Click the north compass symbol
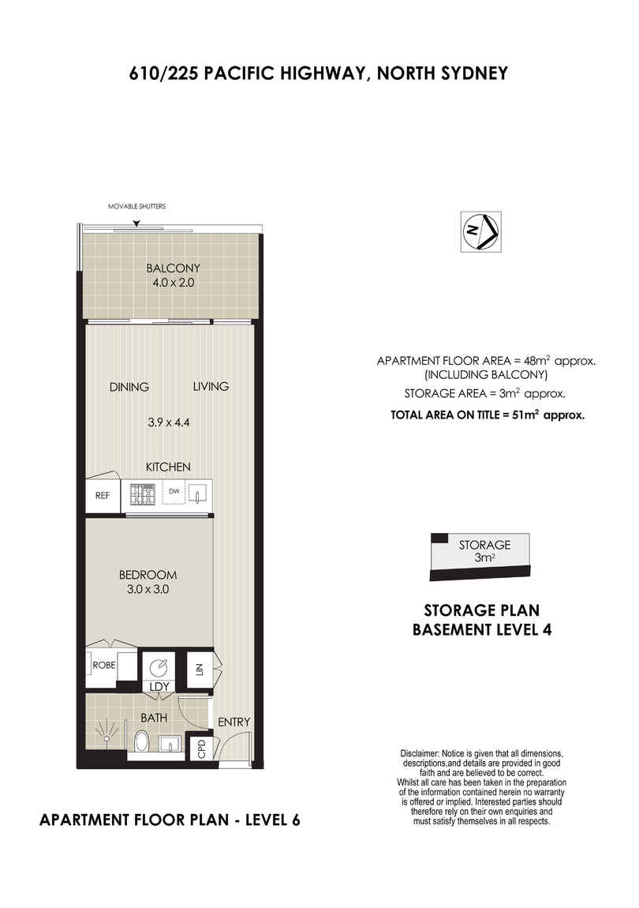point(480,231)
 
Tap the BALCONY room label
point(173,268)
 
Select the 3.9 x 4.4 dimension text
point(168,422)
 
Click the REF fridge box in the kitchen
point(103,496)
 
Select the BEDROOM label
point(148,575)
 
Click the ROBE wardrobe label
point(104,666)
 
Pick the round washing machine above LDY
point(158,669)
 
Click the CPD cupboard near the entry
point(201,749)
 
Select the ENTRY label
point(234,722)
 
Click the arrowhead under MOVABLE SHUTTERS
point(136,223)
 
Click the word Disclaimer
point(420,754)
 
